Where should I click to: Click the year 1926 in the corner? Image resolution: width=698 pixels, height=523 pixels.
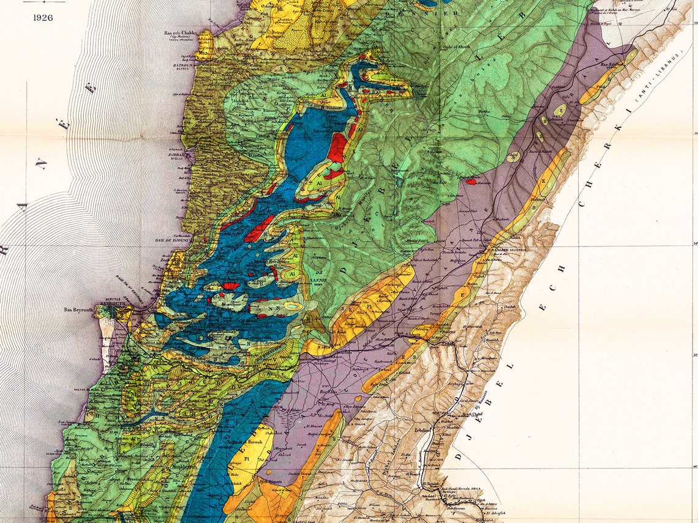pyautogui.click(x=43, y=17)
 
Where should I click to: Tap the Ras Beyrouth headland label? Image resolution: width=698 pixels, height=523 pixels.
pyautogui.click(x=78, y=310)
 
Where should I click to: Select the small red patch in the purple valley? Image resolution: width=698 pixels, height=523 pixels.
pyautogui.click(x=471, y=180)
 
